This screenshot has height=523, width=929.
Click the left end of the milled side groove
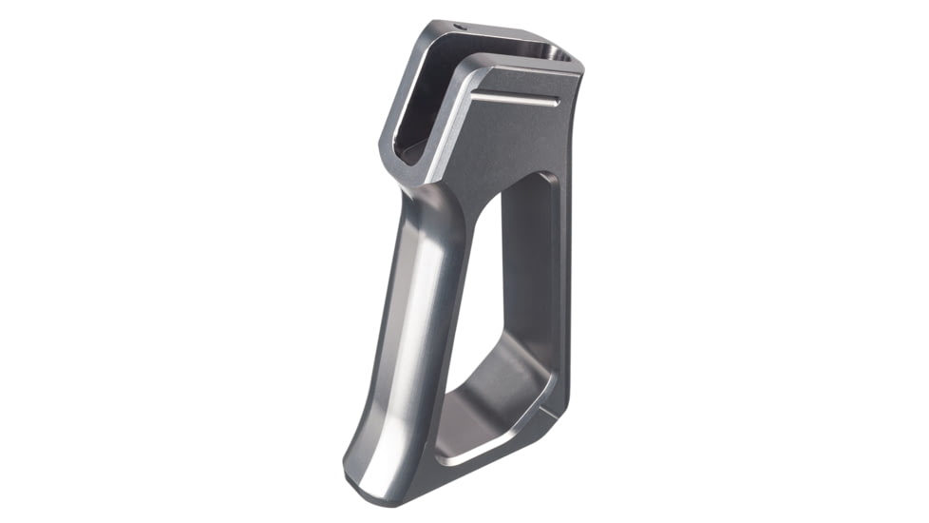coord(474,97)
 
